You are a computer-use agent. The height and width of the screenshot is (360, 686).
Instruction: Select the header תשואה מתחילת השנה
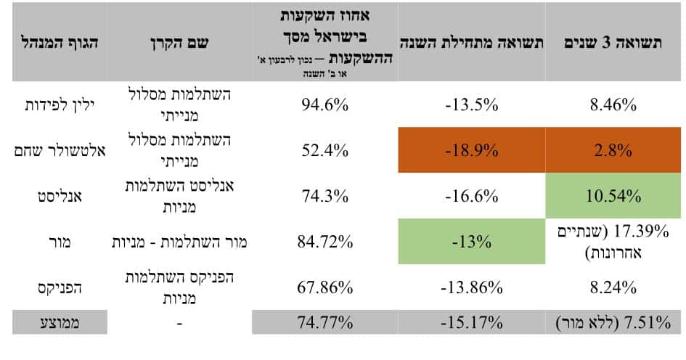tap(471, 43)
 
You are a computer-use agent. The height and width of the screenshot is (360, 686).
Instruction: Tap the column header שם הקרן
tap(178, 43)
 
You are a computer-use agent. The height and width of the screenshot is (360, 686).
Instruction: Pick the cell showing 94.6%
tap(324, 105)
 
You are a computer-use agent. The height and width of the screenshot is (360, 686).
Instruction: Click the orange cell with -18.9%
tap(471, 151)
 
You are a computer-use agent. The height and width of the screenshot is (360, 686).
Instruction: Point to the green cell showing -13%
tap(471, 242)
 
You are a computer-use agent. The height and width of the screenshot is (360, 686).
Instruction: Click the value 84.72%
tap(324, 242)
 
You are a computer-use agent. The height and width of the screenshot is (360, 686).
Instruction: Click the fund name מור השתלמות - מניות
tap(179, 242)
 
